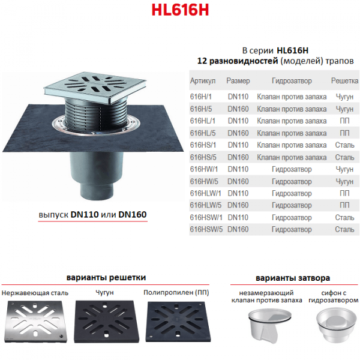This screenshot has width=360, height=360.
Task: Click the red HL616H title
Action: point(180,10)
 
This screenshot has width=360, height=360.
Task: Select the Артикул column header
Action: point(203,81)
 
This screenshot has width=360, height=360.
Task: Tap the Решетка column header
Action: point(344,80)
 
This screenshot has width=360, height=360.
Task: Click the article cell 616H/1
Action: point(200,97)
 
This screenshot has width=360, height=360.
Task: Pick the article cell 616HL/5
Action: point(203,133)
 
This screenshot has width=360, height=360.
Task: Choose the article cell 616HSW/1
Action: point(206,217)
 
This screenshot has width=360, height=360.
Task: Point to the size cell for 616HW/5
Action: point(238,181)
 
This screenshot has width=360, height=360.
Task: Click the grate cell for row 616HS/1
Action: point(344,145)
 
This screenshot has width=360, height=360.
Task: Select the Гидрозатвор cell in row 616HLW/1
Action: point(292,193)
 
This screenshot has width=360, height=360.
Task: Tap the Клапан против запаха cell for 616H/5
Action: point(292,109)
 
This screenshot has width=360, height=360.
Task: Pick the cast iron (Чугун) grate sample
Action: point(107,322)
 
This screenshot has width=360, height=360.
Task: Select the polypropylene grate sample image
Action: point(178,322)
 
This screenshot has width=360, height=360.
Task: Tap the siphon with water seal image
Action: point(334,325)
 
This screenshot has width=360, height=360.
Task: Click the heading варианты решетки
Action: point(106,277)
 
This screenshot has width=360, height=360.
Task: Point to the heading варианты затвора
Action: point(293,278)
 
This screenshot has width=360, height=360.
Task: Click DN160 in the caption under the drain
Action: point(133,214)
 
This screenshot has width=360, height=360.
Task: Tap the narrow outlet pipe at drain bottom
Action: point(97,190)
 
